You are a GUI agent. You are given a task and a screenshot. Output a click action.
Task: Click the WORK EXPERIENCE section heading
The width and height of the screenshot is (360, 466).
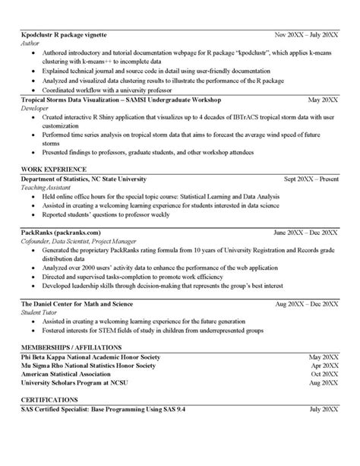(53, 168)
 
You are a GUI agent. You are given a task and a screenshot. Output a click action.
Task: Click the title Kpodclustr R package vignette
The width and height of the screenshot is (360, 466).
(63, 36)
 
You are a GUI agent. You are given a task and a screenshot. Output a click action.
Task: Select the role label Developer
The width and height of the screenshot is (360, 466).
(35, 109)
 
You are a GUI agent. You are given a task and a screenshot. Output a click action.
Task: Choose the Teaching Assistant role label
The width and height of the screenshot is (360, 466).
(46, 186)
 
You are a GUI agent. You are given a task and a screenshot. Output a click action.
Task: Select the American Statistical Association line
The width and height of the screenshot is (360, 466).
(70, 373)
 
